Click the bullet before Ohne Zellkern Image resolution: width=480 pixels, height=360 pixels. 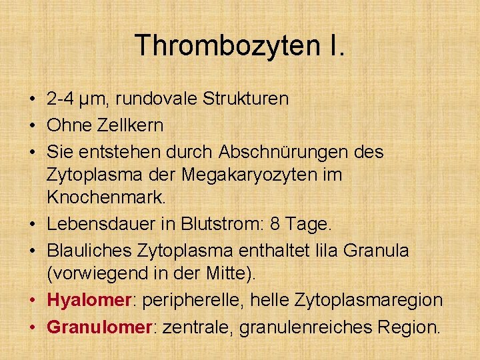pos(32,126)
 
